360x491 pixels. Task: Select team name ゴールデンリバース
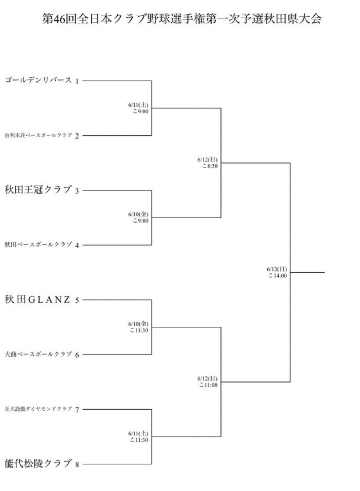[38, 80]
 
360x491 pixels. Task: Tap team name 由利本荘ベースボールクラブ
[38, 135]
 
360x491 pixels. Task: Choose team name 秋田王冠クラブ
[38, 190]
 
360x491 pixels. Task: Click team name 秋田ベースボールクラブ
[38, 245]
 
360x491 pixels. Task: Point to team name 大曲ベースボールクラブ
[38, 354]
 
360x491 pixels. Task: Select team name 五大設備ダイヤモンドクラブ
[38, 409]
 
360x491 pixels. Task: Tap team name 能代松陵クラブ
[38, 463]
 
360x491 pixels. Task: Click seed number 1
[77, 81]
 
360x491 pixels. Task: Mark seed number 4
[77, 245]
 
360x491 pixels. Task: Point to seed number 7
[77, 410]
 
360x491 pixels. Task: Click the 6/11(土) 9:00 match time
[138, 108]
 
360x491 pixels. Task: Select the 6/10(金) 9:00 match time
[138, 217]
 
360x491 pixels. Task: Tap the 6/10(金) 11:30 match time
[138, 327]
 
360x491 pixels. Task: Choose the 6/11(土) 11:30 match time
[138, 437]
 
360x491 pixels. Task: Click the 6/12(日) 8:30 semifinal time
[208, 163]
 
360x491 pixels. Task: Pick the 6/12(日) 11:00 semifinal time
[208, 382]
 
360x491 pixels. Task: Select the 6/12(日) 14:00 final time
[277, 272]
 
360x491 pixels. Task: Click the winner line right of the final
[307, 272]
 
